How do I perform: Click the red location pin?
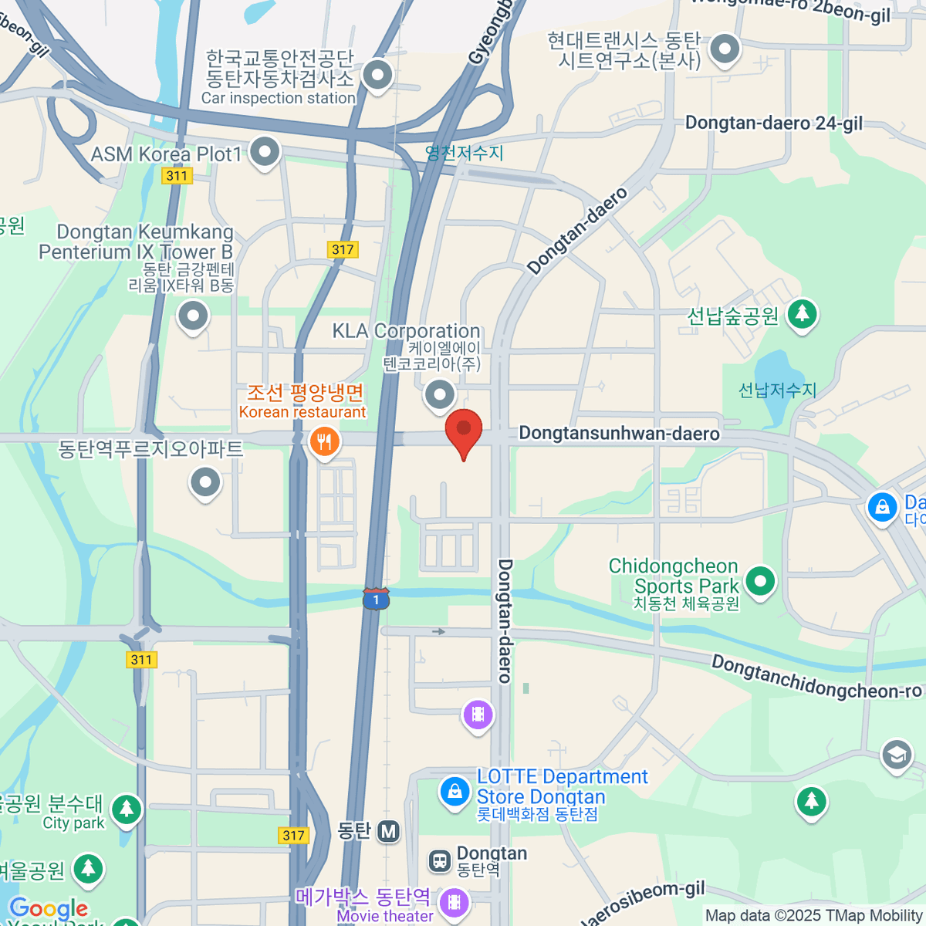point(464,429)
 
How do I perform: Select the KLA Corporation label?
point(406,331)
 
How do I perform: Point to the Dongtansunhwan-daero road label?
point(619,433)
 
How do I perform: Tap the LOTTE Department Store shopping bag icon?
point(455,791)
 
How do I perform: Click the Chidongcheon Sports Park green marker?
point(760,581)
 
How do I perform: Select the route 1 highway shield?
point(376,599)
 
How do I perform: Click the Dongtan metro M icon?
point(388,831)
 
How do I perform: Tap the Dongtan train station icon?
point(440,860)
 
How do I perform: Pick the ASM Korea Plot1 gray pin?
point(265,151)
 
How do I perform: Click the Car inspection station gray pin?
point(377,76)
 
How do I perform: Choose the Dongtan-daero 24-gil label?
point(773,123)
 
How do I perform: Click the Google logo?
point(49,908)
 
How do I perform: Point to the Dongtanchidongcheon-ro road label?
point(816,678)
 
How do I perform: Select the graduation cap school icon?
point(897,755)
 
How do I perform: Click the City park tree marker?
point(126,809)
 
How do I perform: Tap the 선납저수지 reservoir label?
point(777,390)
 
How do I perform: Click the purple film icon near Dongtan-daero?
point(478,714)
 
